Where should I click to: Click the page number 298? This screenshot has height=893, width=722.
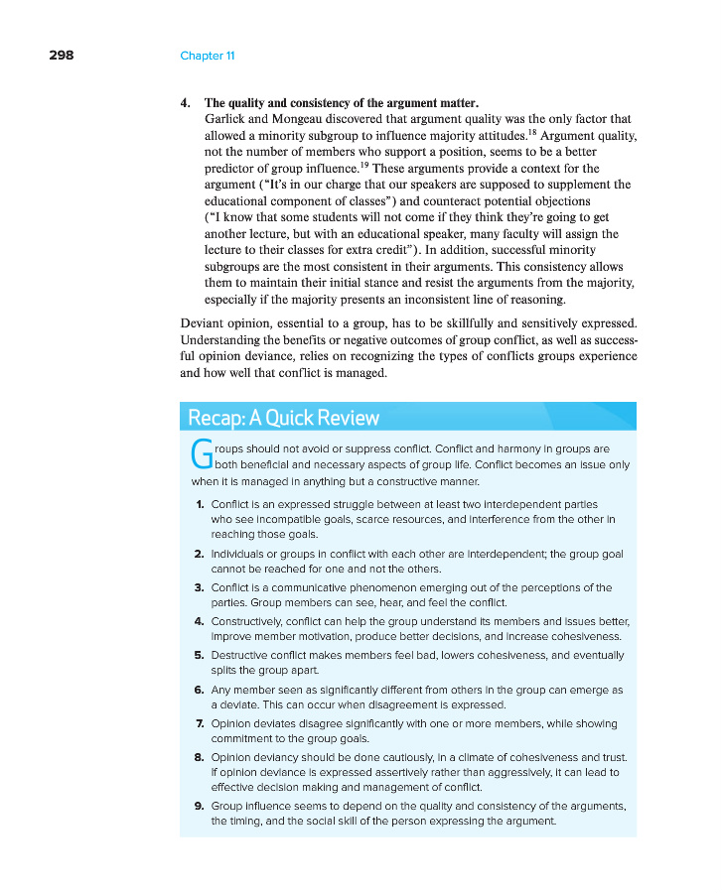(61, 56)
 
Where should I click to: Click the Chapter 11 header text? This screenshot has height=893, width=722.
(207, 56)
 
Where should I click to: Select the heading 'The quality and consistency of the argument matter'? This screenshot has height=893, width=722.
(341, 103)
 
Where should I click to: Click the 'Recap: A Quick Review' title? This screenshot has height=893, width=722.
(283, 418)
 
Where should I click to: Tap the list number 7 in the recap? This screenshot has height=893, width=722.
(201, 723)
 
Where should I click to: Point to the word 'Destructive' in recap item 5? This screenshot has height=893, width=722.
(241, 655)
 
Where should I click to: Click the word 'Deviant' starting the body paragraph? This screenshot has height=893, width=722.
(203, 323)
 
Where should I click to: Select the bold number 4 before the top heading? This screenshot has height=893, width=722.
(185, 103)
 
